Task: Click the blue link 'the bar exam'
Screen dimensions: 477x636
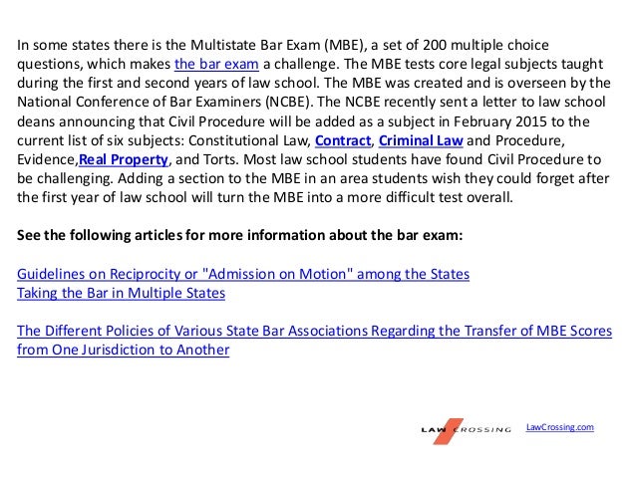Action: pos(214,65)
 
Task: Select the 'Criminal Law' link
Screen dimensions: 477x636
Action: pos(419,140)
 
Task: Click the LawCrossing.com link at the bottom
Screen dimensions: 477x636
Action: pos(559,426)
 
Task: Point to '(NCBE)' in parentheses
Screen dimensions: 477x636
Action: pos(280,103)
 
